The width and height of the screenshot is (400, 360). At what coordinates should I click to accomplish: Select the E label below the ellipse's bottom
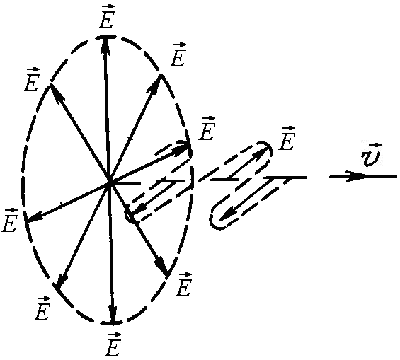coord(113,344)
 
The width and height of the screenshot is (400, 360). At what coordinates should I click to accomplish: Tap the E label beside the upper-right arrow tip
coord(178,55)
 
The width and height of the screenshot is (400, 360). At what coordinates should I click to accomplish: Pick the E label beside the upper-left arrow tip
coord(31,80)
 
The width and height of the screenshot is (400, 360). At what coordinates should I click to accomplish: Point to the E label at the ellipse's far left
coord(9,220)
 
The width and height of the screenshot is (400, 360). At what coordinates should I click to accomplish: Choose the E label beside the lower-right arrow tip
coord(183,284)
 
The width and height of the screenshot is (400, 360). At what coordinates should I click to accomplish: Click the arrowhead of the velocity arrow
coord(357,176)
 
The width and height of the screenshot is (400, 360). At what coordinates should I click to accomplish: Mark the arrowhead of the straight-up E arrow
coord(105,47)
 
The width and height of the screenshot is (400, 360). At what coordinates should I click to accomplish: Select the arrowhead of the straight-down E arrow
coord(113,312)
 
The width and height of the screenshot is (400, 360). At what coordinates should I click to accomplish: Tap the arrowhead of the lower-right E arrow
coord(162,266)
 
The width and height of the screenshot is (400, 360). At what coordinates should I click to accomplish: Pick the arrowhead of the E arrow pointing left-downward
coord(35,218)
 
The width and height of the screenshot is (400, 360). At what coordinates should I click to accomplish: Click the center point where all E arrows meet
coord(110,181)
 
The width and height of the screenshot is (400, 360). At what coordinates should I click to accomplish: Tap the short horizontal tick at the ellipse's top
coord(105,37)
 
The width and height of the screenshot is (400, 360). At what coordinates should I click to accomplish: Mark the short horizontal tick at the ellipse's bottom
coord(111,323)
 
